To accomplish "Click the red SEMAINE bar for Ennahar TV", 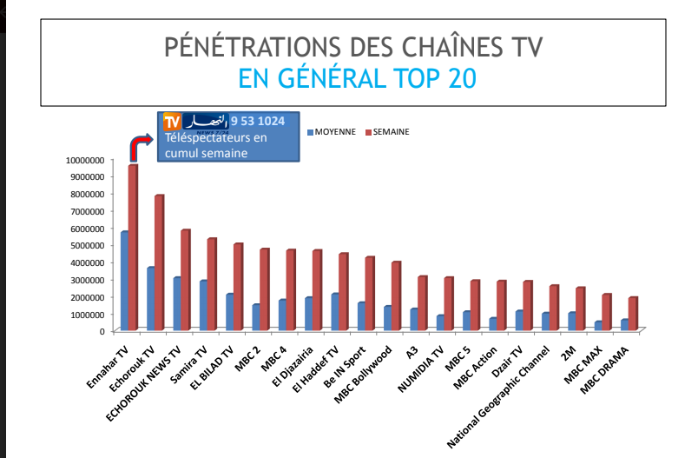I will coord(133,247).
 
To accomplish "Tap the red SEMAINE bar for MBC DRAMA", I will coord(633,313).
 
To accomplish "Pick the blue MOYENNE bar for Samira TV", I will coord(202,305).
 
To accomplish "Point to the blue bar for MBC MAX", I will coord(598,326).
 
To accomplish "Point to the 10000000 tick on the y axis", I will coord(84,160).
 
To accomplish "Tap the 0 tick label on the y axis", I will coord(101,331).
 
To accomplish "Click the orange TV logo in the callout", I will coord(171,121).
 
